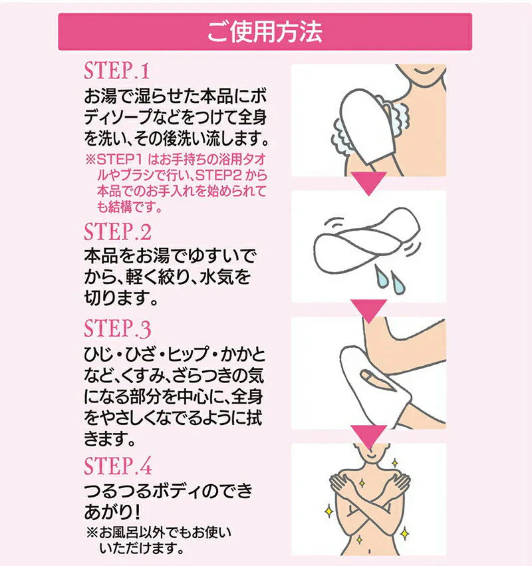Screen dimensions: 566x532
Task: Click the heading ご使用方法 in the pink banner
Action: click(x=265, y=32)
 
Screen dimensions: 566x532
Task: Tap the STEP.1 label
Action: click(x=117, y=71)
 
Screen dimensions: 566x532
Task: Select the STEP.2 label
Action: click(x=117, y=232)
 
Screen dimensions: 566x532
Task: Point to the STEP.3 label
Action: click(x=117, y=330)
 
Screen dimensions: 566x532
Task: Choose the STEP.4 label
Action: click(x=117, y=466)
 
